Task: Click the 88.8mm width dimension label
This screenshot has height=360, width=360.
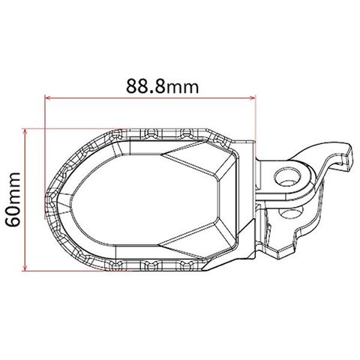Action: click(162, 86)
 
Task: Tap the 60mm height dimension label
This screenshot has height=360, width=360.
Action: click(13, 199)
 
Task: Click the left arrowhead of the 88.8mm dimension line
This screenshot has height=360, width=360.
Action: click(47, 98)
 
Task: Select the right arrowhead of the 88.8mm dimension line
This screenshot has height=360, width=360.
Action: click(253, 98)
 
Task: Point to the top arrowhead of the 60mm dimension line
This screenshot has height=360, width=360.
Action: click(25, 131)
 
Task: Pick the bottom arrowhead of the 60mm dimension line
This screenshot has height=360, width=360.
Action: click(25, 268)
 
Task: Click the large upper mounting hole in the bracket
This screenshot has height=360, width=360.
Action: click(287, 178)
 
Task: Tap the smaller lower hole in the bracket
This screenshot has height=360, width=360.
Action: click(291, 213)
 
